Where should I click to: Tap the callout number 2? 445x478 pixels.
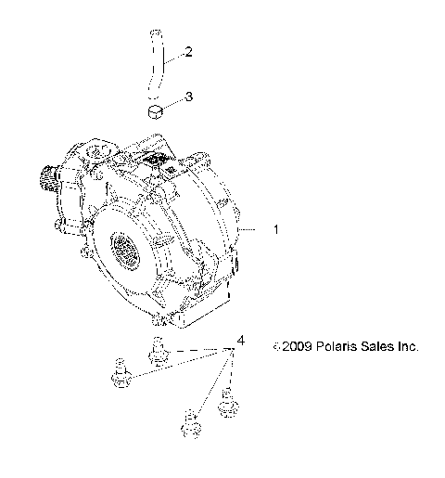pos(189,51)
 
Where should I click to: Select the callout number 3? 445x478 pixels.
pos(189,96)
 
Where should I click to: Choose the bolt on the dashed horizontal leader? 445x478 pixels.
pos(157,354)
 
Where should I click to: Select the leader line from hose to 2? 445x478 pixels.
pos(173,56)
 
